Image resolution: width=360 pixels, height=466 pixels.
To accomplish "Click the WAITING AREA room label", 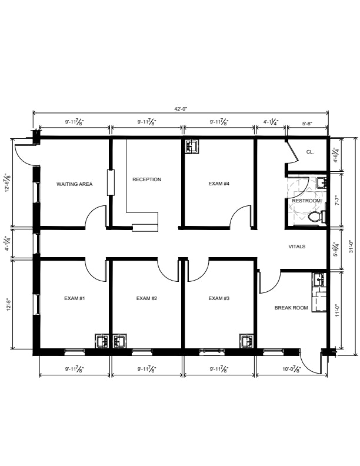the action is (x=74, y=184).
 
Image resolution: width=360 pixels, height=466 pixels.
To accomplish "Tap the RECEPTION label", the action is (x=146, y=179).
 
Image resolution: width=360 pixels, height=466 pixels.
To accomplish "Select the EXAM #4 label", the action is (x=219, y=184).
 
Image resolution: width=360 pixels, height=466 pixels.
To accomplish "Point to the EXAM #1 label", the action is (x=75, y=298).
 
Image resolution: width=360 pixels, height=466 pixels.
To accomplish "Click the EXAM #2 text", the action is (x=146, y=298).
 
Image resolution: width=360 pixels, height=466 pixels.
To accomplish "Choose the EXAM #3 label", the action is (x=219, y=298).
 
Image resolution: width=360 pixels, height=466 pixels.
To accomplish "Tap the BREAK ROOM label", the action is (x=291, y=308).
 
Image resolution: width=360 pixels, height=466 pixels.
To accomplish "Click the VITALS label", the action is (x=297, y=247).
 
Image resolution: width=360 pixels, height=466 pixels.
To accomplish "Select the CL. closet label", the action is (x=310, y=152).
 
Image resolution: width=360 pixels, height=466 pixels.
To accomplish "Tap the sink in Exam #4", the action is (x=192, y=147).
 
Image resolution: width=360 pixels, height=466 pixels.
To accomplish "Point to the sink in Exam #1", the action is (x=102, y=341).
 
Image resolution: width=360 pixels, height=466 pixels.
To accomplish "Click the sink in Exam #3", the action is (x=247, y=341).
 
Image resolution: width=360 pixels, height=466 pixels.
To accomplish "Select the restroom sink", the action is (x=321, y=182).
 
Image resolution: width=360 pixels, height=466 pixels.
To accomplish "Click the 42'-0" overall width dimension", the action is (x=181, y=109).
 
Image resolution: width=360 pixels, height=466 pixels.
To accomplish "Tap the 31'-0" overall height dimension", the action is (x=351, y=247).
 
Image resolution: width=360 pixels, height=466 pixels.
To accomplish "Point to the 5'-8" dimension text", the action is (x=307, y=124).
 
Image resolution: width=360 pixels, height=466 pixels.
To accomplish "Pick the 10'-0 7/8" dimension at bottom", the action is (x=292, y=369).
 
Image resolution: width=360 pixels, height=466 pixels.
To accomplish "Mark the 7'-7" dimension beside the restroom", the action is (x=337, y=202).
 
